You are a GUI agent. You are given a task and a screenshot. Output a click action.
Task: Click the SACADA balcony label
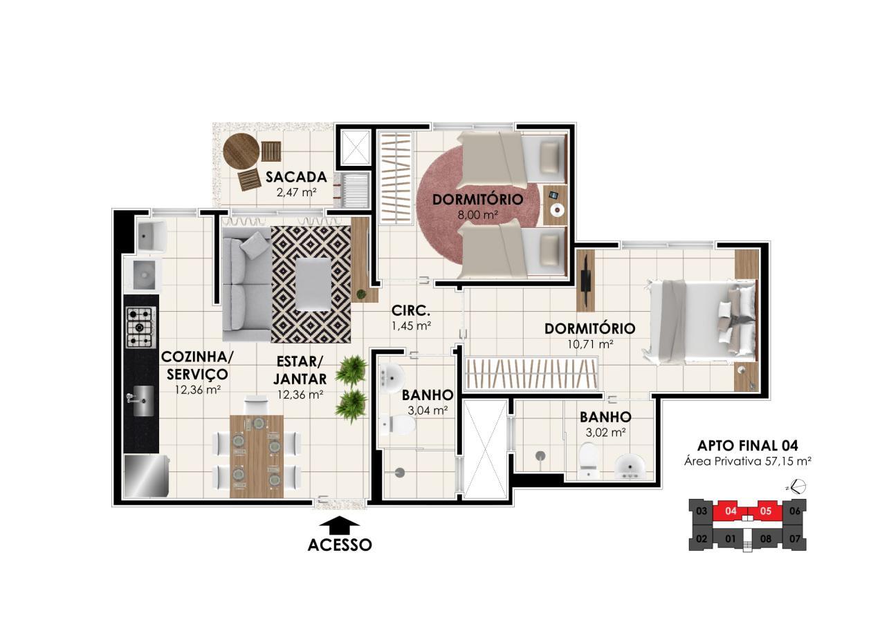pyautogui.click(x=295, y=177)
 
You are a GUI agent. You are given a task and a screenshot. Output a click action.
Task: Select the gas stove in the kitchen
pyautogui.click(x=140, y=327)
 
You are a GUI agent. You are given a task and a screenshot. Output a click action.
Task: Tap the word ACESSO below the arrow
pyautogui.click(x=340, y=545)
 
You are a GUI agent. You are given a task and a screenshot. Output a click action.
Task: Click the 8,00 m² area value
pyautogui.click(x=477, y=215)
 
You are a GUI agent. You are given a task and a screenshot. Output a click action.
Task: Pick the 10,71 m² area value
pyautogui.click(x=589, y=343)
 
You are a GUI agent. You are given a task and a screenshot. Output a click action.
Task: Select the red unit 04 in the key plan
pyautogui.click(x=731, y=512)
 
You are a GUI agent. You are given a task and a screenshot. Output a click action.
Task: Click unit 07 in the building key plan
pyautogui.click(x=794, y=538)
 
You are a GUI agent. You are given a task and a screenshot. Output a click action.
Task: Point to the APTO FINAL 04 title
pyautogui.click(x=747, y=446)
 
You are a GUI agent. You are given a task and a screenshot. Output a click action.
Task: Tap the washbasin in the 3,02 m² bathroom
pyautogui.click(x=630, y=466)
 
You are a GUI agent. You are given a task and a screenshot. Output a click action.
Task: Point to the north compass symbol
pyautogui.click(x=798, y=487)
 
